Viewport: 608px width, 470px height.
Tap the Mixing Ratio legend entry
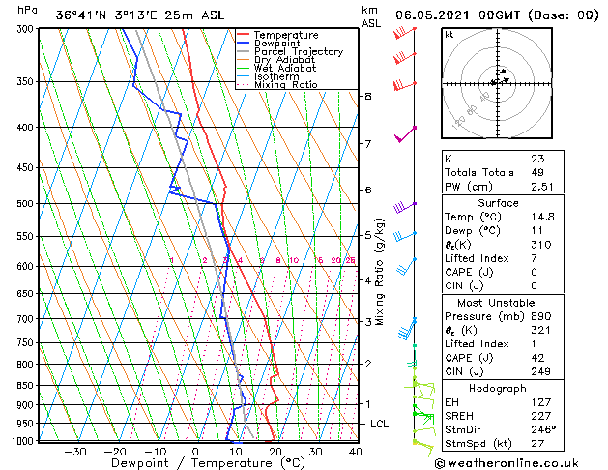286,85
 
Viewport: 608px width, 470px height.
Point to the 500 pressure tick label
23,204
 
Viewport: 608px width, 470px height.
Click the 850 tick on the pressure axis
23,385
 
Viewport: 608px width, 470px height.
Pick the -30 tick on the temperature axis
74,452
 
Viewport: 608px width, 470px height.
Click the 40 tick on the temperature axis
356,452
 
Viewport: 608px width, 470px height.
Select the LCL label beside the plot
380,425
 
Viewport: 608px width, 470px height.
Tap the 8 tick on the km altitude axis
368,97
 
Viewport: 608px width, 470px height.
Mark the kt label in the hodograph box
449,34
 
